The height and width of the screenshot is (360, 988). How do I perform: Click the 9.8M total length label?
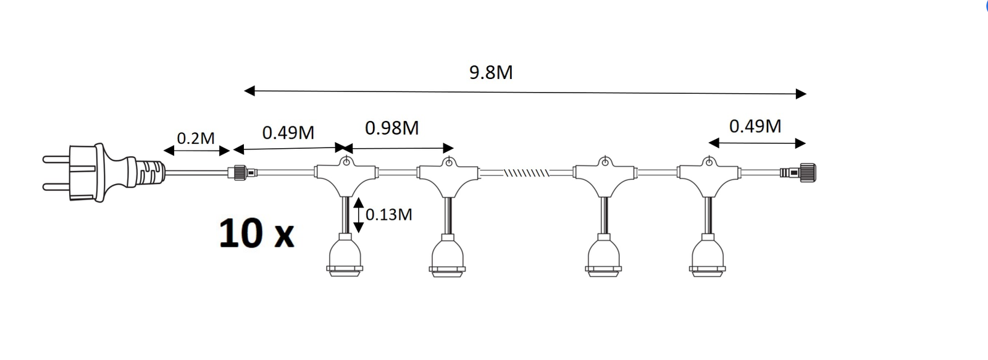(x=491, y=72)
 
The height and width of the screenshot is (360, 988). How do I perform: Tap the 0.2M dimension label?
(x=195, y=138)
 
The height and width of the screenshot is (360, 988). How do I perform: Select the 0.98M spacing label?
(x=391, y=128)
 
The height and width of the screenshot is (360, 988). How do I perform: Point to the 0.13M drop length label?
(x=388, y=214)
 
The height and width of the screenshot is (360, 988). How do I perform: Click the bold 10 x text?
(x=256, y=233)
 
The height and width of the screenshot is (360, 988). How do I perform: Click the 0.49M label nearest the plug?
(x=288, y=132)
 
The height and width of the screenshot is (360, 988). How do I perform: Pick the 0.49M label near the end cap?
(x=755, y=126)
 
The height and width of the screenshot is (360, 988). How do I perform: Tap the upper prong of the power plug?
(x=56, y=159)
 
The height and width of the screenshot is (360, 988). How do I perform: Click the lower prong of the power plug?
(x=56, y=187)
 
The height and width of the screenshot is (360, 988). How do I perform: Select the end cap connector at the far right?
(x=798, y=172)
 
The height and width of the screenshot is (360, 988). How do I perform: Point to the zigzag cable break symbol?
(x=526, y=172)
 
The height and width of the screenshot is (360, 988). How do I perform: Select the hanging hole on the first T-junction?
(x=346, y=162)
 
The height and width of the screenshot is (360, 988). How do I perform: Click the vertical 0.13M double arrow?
(x=359, y=215)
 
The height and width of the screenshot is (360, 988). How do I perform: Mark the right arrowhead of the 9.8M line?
(x=801, y=93)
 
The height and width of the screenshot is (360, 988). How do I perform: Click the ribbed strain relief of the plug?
(x=151, y=172)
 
